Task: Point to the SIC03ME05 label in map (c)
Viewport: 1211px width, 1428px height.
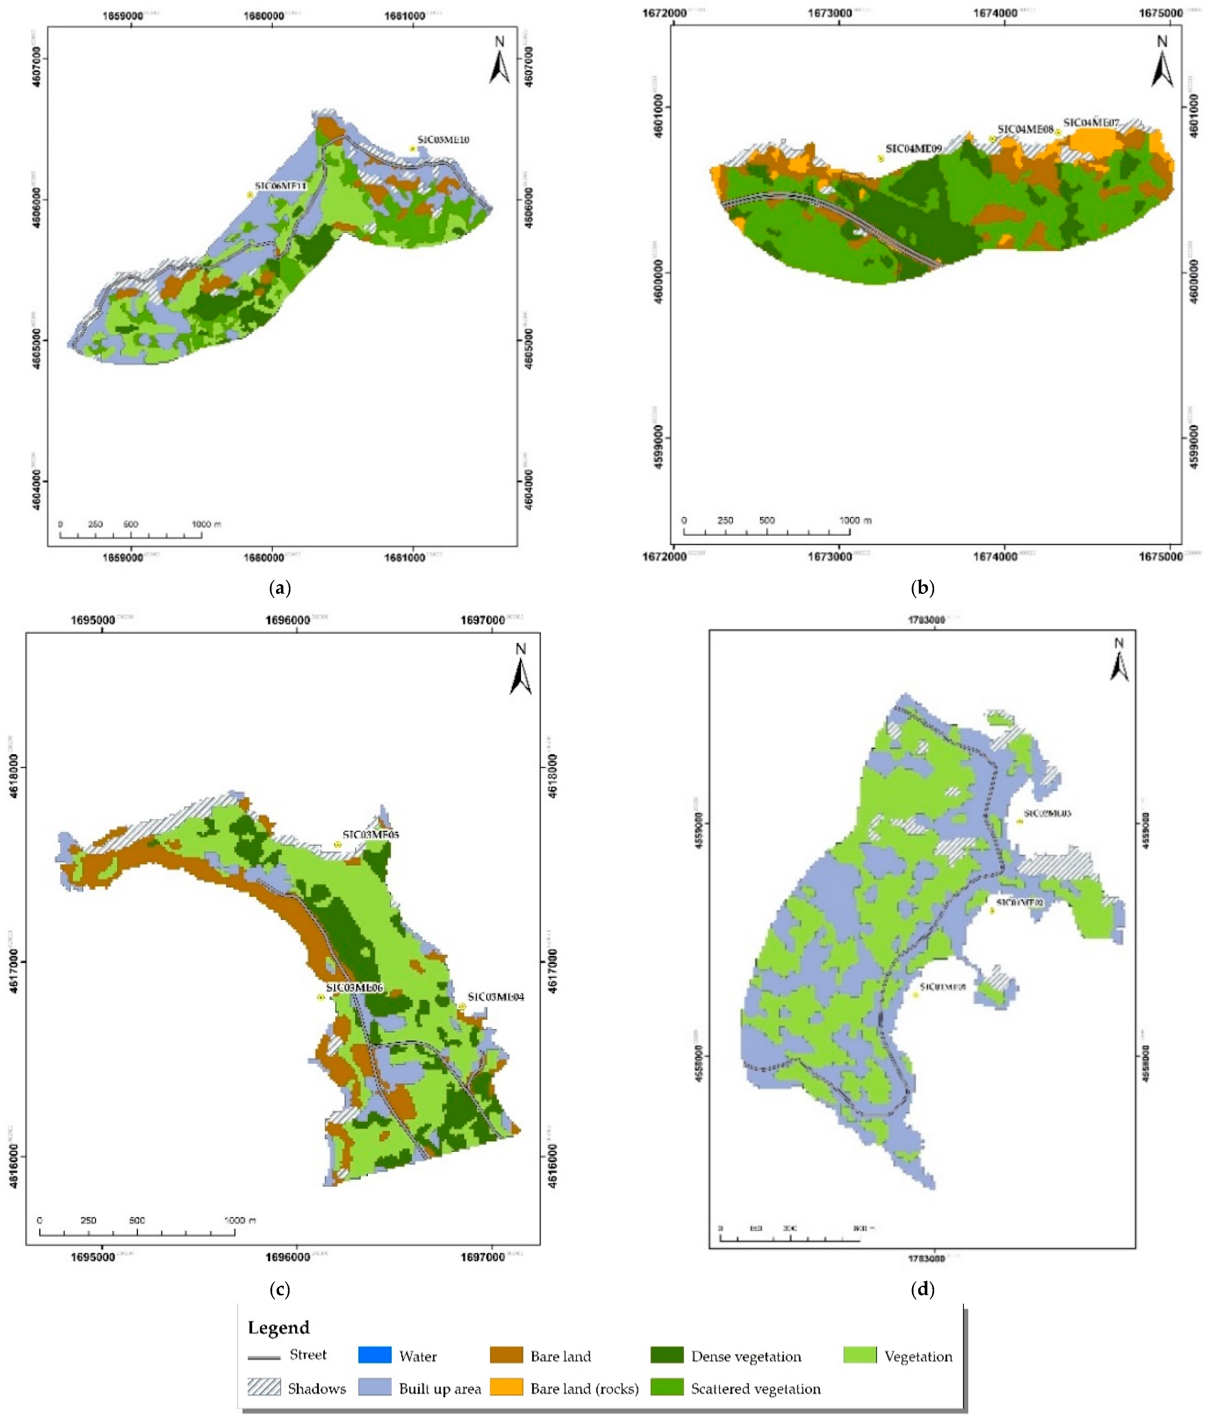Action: coord(371,834)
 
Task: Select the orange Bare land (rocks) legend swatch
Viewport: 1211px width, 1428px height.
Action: coord(507,1388)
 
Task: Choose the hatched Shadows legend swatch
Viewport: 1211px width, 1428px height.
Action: coord(264,1388)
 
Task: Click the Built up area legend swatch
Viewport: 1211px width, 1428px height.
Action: coord(375,1388)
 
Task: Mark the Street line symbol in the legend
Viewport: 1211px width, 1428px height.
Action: coord(264,1357)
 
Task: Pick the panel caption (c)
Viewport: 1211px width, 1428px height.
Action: coord(280,1289)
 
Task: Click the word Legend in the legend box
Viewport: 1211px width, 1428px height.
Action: coord(279,1327)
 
